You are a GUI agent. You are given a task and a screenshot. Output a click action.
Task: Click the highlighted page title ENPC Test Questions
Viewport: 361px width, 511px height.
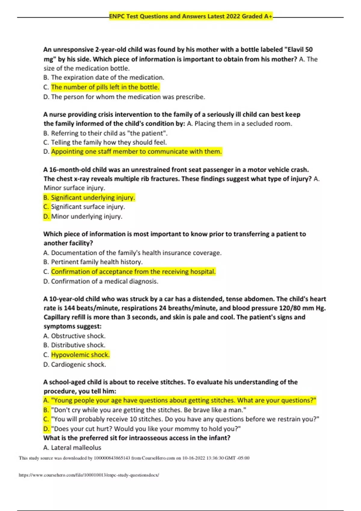click(190, 17)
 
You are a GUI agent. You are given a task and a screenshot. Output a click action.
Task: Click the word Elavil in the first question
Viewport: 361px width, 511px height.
click(296, 50)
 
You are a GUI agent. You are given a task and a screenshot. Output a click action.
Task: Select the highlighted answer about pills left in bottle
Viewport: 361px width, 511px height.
click(105, 87)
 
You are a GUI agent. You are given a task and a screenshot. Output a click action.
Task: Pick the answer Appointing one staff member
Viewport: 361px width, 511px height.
click(136, 151)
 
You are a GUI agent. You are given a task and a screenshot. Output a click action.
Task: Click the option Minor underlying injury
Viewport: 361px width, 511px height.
click(87, 216)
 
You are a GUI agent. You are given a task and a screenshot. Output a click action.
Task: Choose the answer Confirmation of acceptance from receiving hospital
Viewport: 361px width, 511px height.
click(133, 272)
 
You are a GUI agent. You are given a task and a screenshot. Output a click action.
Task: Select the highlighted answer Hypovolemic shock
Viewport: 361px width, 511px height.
click(80, 355)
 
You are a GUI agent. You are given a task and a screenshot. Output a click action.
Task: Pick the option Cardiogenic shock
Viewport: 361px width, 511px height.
click(78, 365)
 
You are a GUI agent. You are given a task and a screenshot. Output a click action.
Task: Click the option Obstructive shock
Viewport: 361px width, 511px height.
click(78, 336)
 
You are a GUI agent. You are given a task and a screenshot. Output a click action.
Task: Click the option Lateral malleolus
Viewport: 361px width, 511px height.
click(76, 448)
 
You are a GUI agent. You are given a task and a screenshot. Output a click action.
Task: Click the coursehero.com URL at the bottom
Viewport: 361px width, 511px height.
click(89, 475)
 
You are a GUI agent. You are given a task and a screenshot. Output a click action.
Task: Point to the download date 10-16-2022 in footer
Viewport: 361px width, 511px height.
click(194, 458)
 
